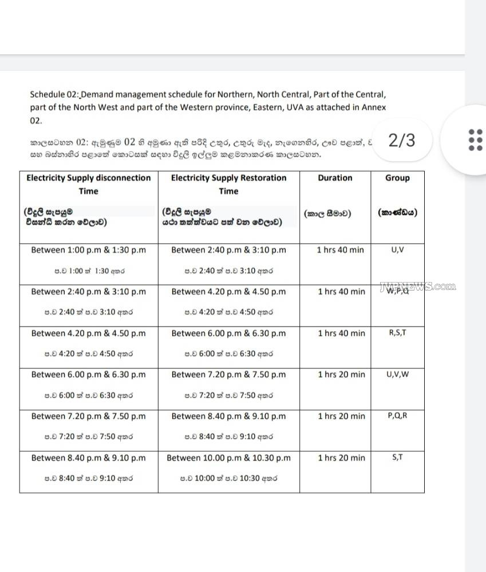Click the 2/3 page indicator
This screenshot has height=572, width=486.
[402, 140]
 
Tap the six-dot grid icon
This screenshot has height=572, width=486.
[475, 140]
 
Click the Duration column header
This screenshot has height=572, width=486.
[335, 178]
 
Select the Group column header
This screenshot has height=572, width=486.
[397, 178]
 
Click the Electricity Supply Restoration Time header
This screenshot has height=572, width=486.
[228, 184]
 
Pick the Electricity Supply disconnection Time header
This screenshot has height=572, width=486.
[88, 184]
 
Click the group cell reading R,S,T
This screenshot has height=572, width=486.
[397, 332]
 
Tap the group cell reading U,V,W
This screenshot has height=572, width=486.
[397, 374]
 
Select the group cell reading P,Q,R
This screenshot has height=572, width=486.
[397, 416]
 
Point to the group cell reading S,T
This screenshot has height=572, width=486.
[397, 458]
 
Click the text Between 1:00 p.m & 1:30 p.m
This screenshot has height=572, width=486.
[88, 250]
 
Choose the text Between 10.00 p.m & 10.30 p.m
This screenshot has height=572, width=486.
[228, 458]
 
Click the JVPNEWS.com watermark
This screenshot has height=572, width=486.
[418, 287]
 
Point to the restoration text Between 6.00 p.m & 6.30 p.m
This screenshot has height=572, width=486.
[228, 333]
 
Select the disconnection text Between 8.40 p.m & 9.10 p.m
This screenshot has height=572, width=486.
[88, 458]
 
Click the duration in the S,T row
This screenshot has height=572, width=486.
[341, 458]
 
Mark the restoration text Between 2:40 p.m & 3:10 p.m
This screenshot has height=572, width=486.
[228, 250]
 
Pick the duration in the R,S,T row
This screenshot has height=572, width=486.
[341, 333]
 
